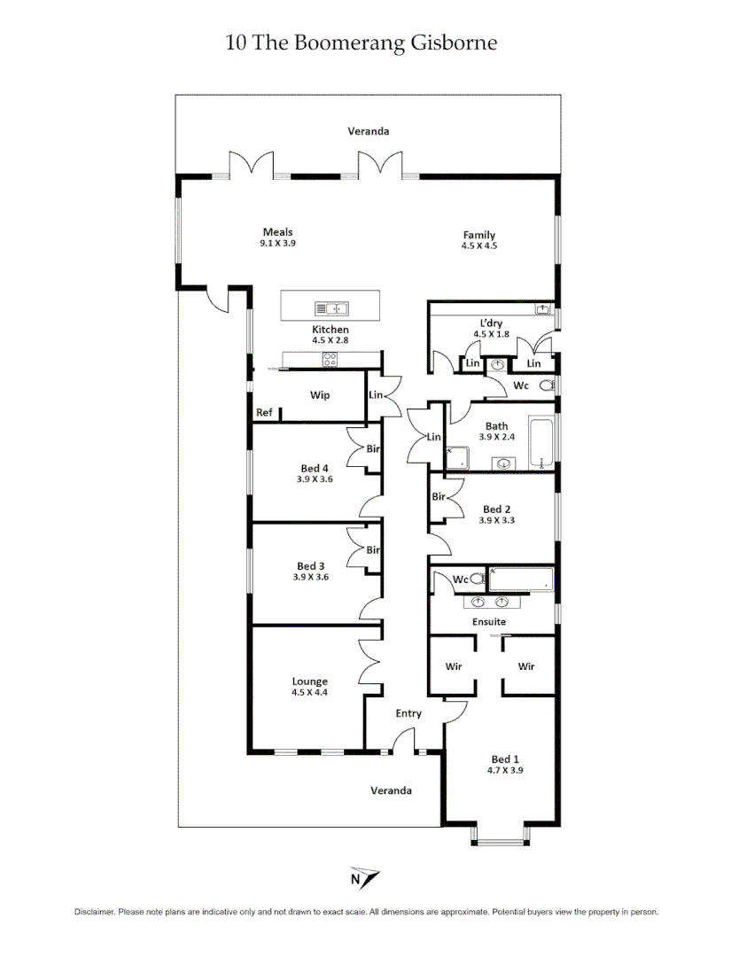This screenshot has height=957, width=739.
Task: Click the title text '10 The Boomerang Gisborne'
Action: tap(362, 43)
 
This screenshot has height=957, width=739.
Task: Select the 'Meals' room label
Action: tap(277, 232)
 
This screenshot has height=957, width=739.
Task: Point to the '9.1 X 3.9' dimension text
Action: tap(277, 243)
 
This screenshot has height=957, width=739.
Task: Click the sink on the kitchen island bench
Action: tap(332, 308)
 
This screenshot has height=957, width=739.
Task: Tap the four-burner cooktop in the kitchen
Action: tap(330, 360)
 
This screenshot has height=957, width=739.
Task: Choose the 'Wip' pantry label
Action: tap(320, 395)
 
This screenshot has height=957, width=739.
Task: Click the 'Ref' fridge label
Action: tap(264, 413)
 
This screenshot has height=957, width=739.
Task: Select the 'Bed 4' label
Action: tap(315, 469)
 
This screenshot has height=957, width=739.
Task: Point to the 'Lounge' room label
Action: tap(310, 681)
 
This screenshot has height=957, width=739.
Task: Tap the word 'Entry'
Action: tap(408, 713)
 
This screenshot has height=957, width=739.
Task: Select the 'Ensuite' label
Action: tap(488, 622)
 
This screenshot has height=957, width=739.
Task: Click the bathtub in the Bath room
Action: tap(541, 441)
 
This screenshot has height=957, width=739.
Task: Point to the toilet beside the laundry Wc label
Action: tap(546, 386)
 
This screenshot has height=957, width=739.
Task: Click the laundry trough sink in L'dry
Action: tap(542, 309)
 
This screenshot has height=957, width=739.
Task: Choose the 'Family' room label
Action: tap(479, 235)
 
